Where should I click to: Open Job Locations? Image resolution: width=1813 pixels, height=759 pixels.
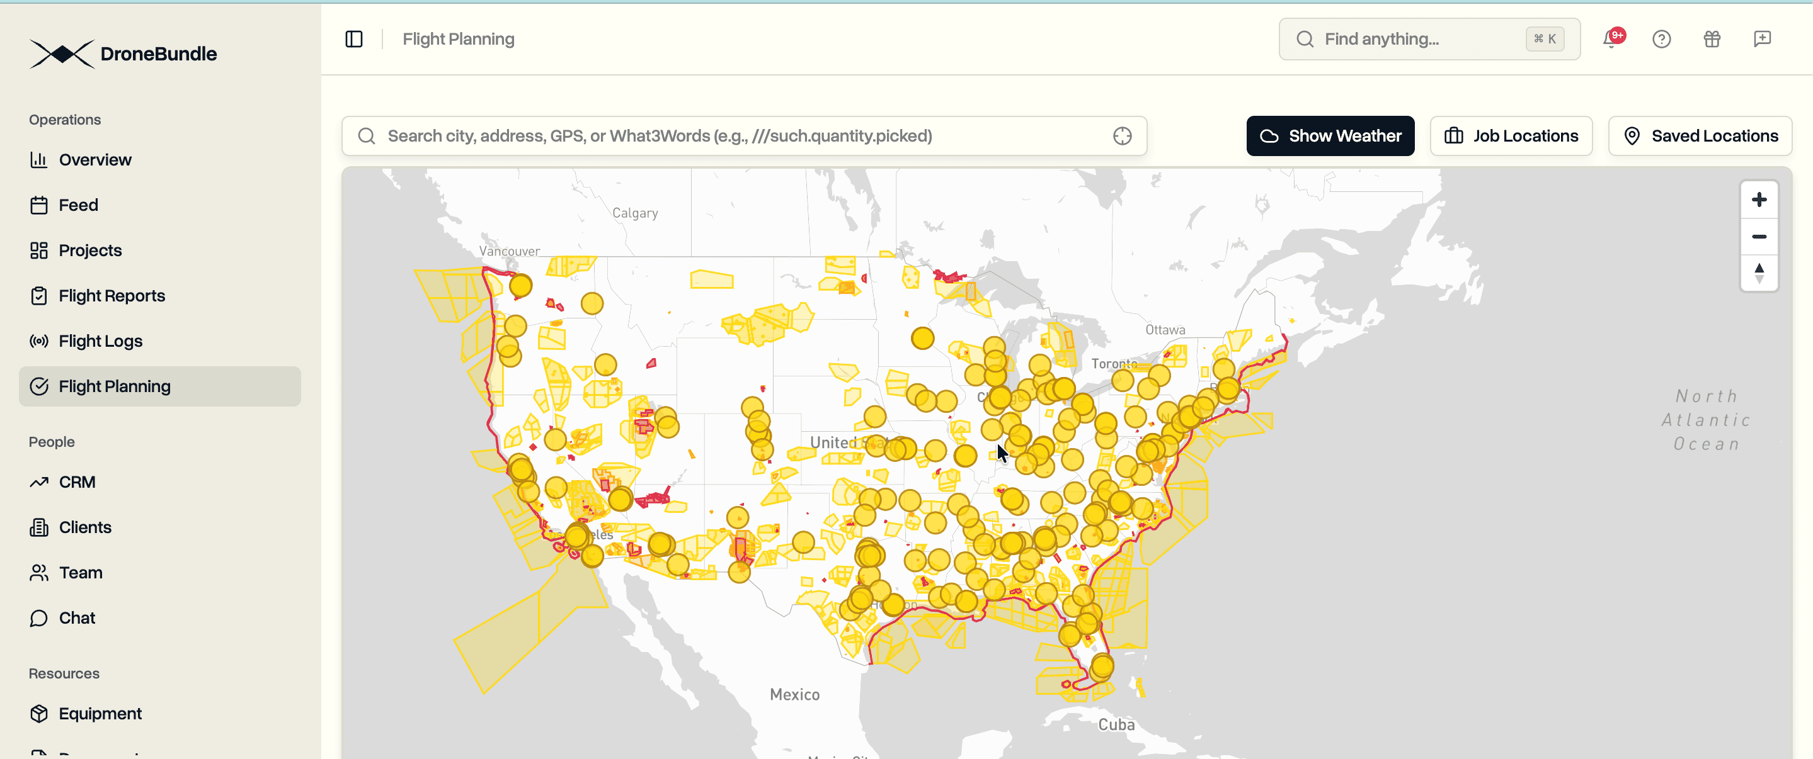point(1511,136)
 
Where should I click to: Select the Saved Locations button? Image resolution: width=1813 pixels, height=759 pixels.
point(1700,136)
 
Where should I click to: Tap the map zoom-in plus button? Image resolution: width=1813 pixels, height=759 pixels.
point(1758,200)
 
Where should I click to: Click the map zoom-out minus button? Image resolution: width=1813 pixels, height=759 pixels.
point(1758,237)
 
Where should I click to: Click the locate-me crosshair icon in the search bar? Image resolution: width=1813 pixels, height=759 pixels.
point(1122,136)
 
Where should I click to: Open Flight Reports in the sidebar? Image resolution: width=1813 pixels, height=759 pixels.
point(112,295)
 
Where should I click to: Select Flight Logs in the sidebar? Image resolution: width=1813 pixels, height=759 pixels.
point(100,341)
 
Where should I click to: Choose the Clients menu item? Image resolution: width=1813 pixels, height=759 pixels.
point(84,527)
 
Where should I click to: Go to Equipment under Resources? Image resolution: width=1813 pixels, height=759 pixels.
point(100,713)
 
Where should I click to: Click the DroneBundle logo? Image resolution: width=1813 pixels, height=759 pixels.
point(123,53)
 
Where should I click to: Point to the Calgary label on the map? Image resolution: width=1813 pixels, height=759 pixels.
point(635,213)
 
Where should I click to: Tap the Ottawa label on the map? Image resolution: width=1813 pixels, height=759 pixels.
point(1165,329)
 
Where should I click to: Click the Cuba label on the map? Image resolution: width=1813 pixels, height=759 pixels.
point(1116,724)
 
